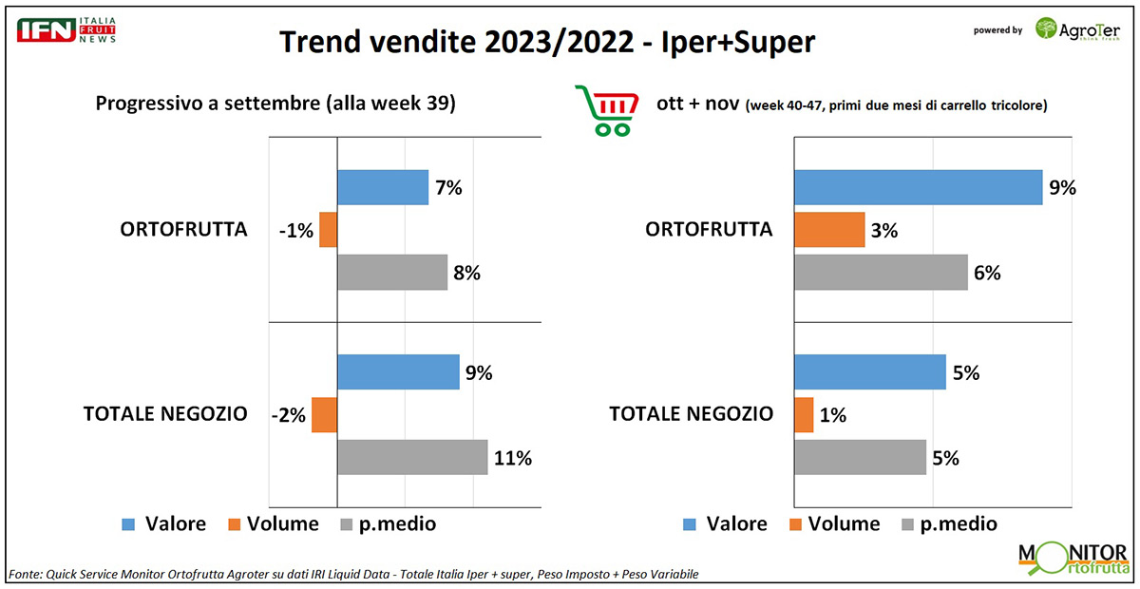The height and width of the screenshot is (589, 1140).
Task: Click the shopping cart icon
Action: click(x=604, y=109)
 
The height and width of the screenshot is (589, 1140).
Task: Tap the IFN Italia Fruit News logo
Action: click(x=66, y=28)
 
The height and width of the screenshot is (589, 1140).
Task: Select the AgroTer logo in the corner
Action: click(x=1076, y=29)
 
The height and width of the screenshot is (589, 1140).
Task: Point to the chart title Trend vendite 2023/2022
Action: click(x=547, y=43)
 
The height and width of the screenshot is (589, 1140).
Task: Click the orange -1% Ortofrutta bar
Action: click(x=328, y=230)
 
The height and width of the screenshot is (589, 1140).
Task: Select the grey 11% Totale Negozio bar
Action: click(x=412, y=457)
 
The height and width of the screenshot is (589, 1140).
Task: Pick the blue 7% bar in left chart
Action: click(x=383, y=187)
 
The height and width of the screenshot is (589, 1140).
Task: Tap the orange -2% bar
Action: click(x=324, y=414)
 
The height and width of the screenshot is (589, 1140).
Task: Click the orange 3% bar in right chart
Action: click(x=829, y=230)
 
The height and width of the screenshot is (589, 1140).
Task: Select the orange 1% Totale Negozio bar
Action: click(x=804, y=414)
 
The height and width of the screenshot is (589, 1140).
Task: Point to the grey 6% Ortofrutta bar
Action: click(x=881, y=272)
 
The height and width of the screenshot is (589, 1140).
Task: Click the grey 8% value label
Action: click(x=466, y=273)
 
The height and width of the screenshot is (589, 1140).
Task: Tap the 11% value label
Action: click(x=513, y=458)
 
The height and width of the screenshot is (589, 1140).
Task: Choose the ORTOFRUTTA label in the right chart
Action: click(x=709, y=230)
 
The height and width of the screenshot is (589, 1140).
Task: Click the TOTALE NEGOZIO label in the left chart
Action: click(x=165, y=414)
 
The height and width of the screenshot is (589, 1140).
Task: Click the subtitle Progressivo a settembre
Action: click(x=275, y=104)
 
